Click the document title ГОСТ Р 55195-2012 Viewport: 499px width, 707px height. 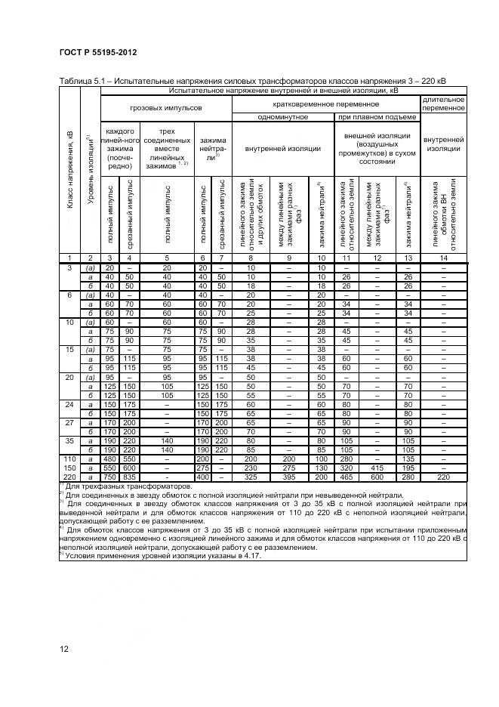coord(92,53)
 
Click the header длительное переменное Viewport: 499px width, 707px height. coord(443,103)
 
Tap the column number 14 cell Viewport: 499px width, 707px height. coord(443,258)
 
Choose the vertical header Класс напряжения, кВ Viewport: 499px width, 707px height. coord(70,169)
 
